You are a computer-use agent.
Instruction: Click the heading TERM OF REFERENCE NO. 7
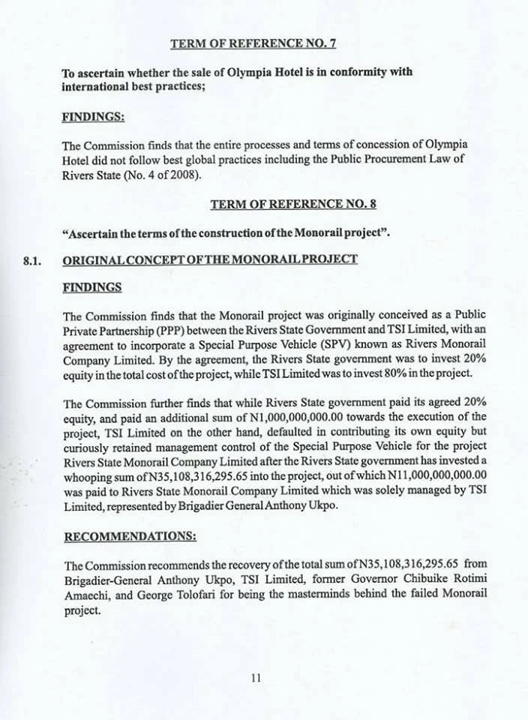[x=253, y=43]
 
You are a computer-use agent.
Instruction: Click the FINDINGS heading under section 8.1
[x=91, y=287]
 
